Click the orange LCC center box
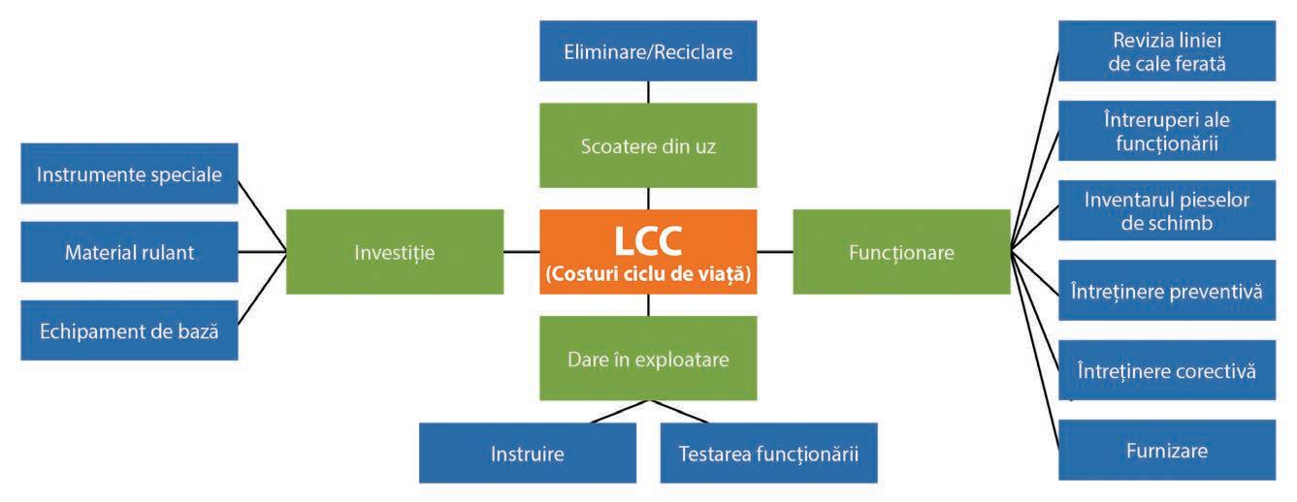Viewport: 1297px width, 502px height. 648,252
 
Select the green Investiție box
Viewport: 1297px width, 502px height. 395,252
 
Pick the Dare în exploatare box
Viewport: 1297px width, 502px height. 648,358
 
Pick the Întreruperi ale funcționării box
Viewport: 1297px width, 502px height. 1165,130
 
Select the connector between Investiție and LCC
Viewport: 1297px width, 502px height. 522,252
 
